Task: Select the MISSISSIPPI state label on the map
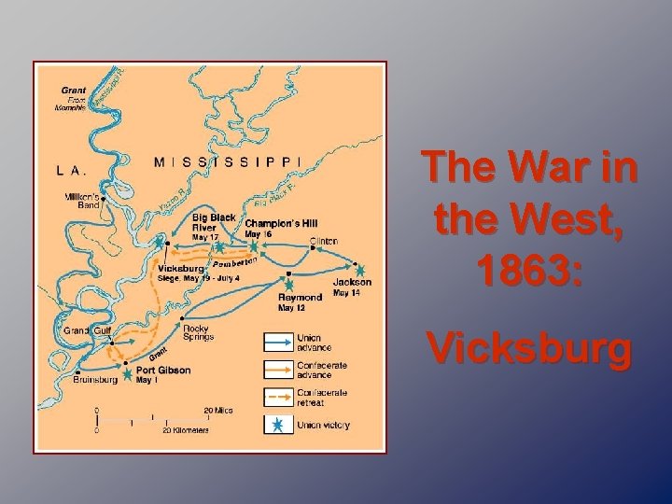point(227,161)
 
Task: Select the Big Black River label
point(214,222)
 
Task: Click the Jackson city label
point(352,282)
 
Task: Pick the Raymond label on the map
point(300,297)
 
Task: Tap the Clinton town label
point(324,241)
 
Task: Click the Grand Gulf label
point(87,330)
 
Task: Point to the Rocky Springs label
point(198,332)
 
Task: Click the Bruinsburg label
point(95,380)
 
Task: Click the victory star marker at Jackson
point(360,271)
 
